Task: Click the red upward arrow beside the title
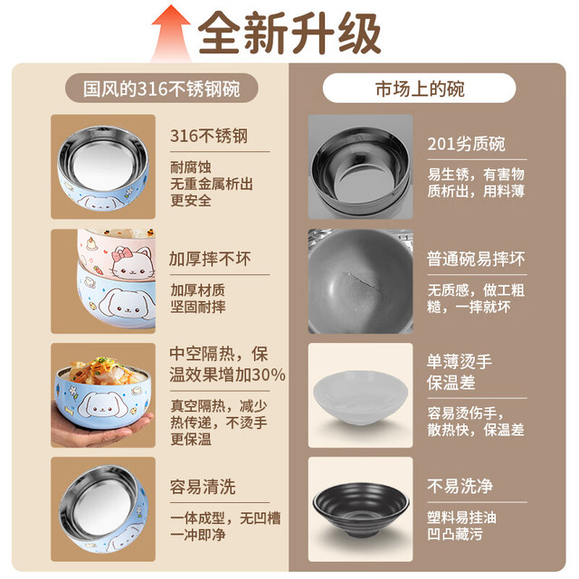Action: (x=171, y=34)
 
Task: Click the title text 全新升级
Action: (x=289, y=33)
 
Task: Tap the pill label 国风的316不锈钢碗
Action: (x=162, y=89)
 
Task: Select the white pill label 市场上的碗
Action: (x=420, y=89)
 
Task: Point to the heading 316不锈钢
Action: (x=209, y=136)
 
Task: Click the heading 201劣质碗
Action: (x=466, y=144)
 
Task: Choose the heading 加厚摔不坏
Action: (x=210, y=259)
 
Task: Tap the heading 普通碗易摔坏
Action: (x=476, y=259)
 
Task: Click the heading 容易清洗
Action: (x=203, y=487)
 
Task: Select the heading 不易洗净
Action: (x=460, y=486)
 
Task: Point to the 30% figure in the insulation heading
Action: (x=269, y=375)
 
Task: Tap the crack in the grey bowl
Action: (x=364, y=282)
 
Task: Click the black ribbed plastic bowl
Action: (x=361, y=509)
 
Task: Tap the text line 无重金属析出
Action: (x=212, y=184)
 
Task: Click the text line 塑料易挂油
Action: (x=461, y=517)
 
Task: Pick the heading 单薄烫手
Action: (x=460, y=361)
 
